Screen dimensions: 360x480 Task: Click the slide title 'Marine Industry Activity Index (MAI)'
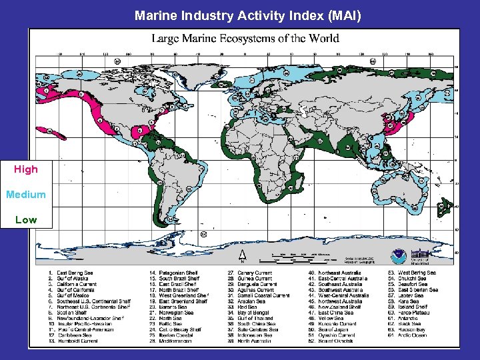point(247,14)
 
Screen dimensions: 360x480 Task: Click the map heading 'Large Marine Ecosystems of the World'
point(245,38)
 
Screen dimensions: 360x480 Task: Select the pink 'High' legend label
point(26,169)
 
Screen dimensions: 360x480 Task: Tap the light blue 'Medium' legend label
point(26,195)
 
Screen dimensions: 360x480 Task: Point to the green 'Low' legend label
point(26,219)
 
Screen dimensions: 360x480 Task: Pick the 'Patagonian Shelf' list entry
point(175,273)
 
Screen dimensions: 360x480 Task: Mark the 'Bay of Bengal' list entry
point(255,313)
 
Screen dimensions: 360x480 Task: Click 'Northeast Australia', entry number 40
point(339,273)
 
